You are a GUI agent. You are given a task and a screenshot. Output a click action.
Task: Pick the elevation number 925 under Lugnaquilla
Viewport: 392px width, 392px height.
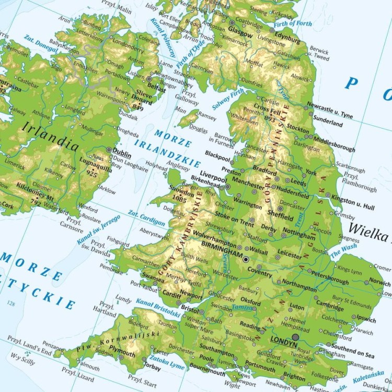[x=93, y=172]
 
